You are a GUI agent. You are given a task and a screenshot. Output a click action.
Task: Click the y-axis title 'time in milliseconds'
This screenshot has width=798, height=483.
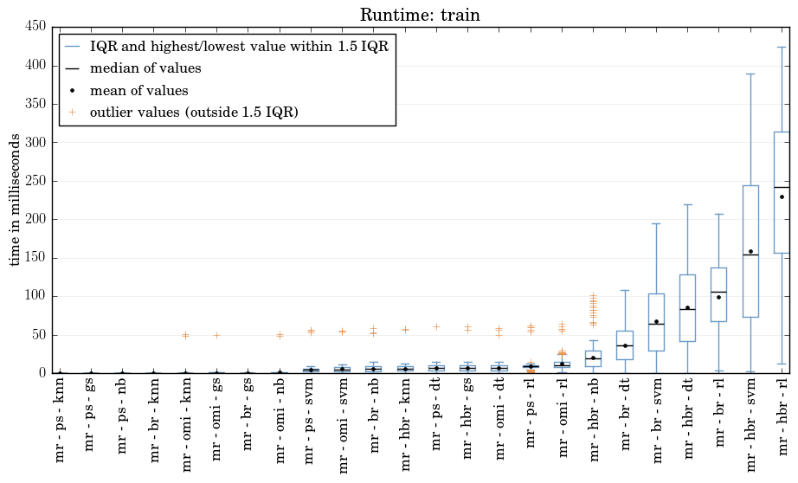[15, 200]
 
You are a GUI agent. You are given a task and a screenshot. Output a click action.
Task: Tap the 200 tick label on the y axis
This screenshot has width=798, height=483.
[35, 219]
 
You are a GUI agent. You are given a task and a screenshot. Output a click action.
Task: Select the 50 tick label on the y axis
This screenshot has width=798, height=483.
[39, 335]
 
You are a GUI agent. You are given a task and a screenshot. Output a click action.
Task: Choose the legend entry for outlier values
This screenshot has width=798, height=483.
[195, 112]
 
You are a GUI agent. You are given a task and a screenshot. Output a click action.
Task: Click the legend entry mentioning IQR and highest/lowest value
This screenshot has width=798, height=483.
[239, 47]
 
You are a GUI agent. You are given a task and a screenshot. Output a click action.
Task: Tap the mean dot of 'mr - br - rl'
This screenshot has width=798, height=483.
[718, 297]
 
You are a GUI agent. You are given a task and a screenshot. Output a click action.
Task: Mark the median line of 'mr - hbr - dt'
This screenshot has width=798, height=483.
[687, 309]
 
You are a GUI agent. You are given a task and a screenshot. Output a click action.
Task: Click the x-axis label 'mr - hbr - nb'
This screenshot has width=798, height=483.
[594, 419]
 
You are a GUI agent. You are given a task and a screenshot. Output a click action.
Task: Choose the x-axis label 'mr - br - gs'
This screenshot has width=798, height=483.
[248, 415]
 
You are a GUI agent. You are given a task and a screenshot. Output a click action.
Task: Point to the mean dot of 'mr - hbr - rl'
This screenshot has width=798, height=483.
[782, 196]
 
